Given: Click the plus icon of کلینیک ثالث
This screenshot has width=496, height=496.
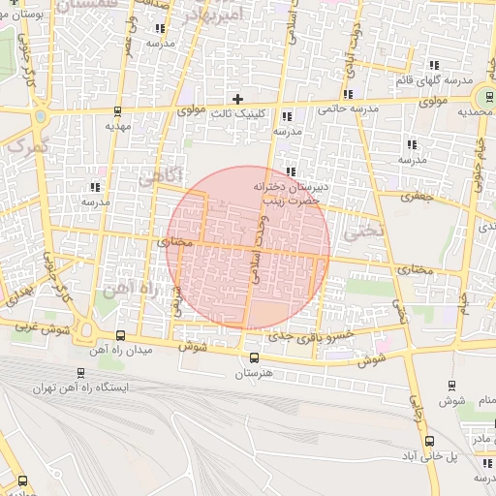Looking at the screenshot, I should [x=237, y=99].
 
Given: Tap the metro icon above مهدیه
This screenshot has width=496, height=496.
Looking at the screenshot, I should [x=118, y=110].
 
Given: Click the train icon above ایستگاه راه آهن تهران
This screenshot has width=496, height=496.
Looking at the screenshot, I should [x=79, y=372].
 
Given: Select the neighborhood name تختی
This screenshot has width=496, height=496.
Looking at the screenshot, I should [x=370, y=231].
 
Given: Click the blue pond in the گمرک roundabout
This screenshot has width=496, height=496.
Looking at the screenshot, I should [x=40, y=116].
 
